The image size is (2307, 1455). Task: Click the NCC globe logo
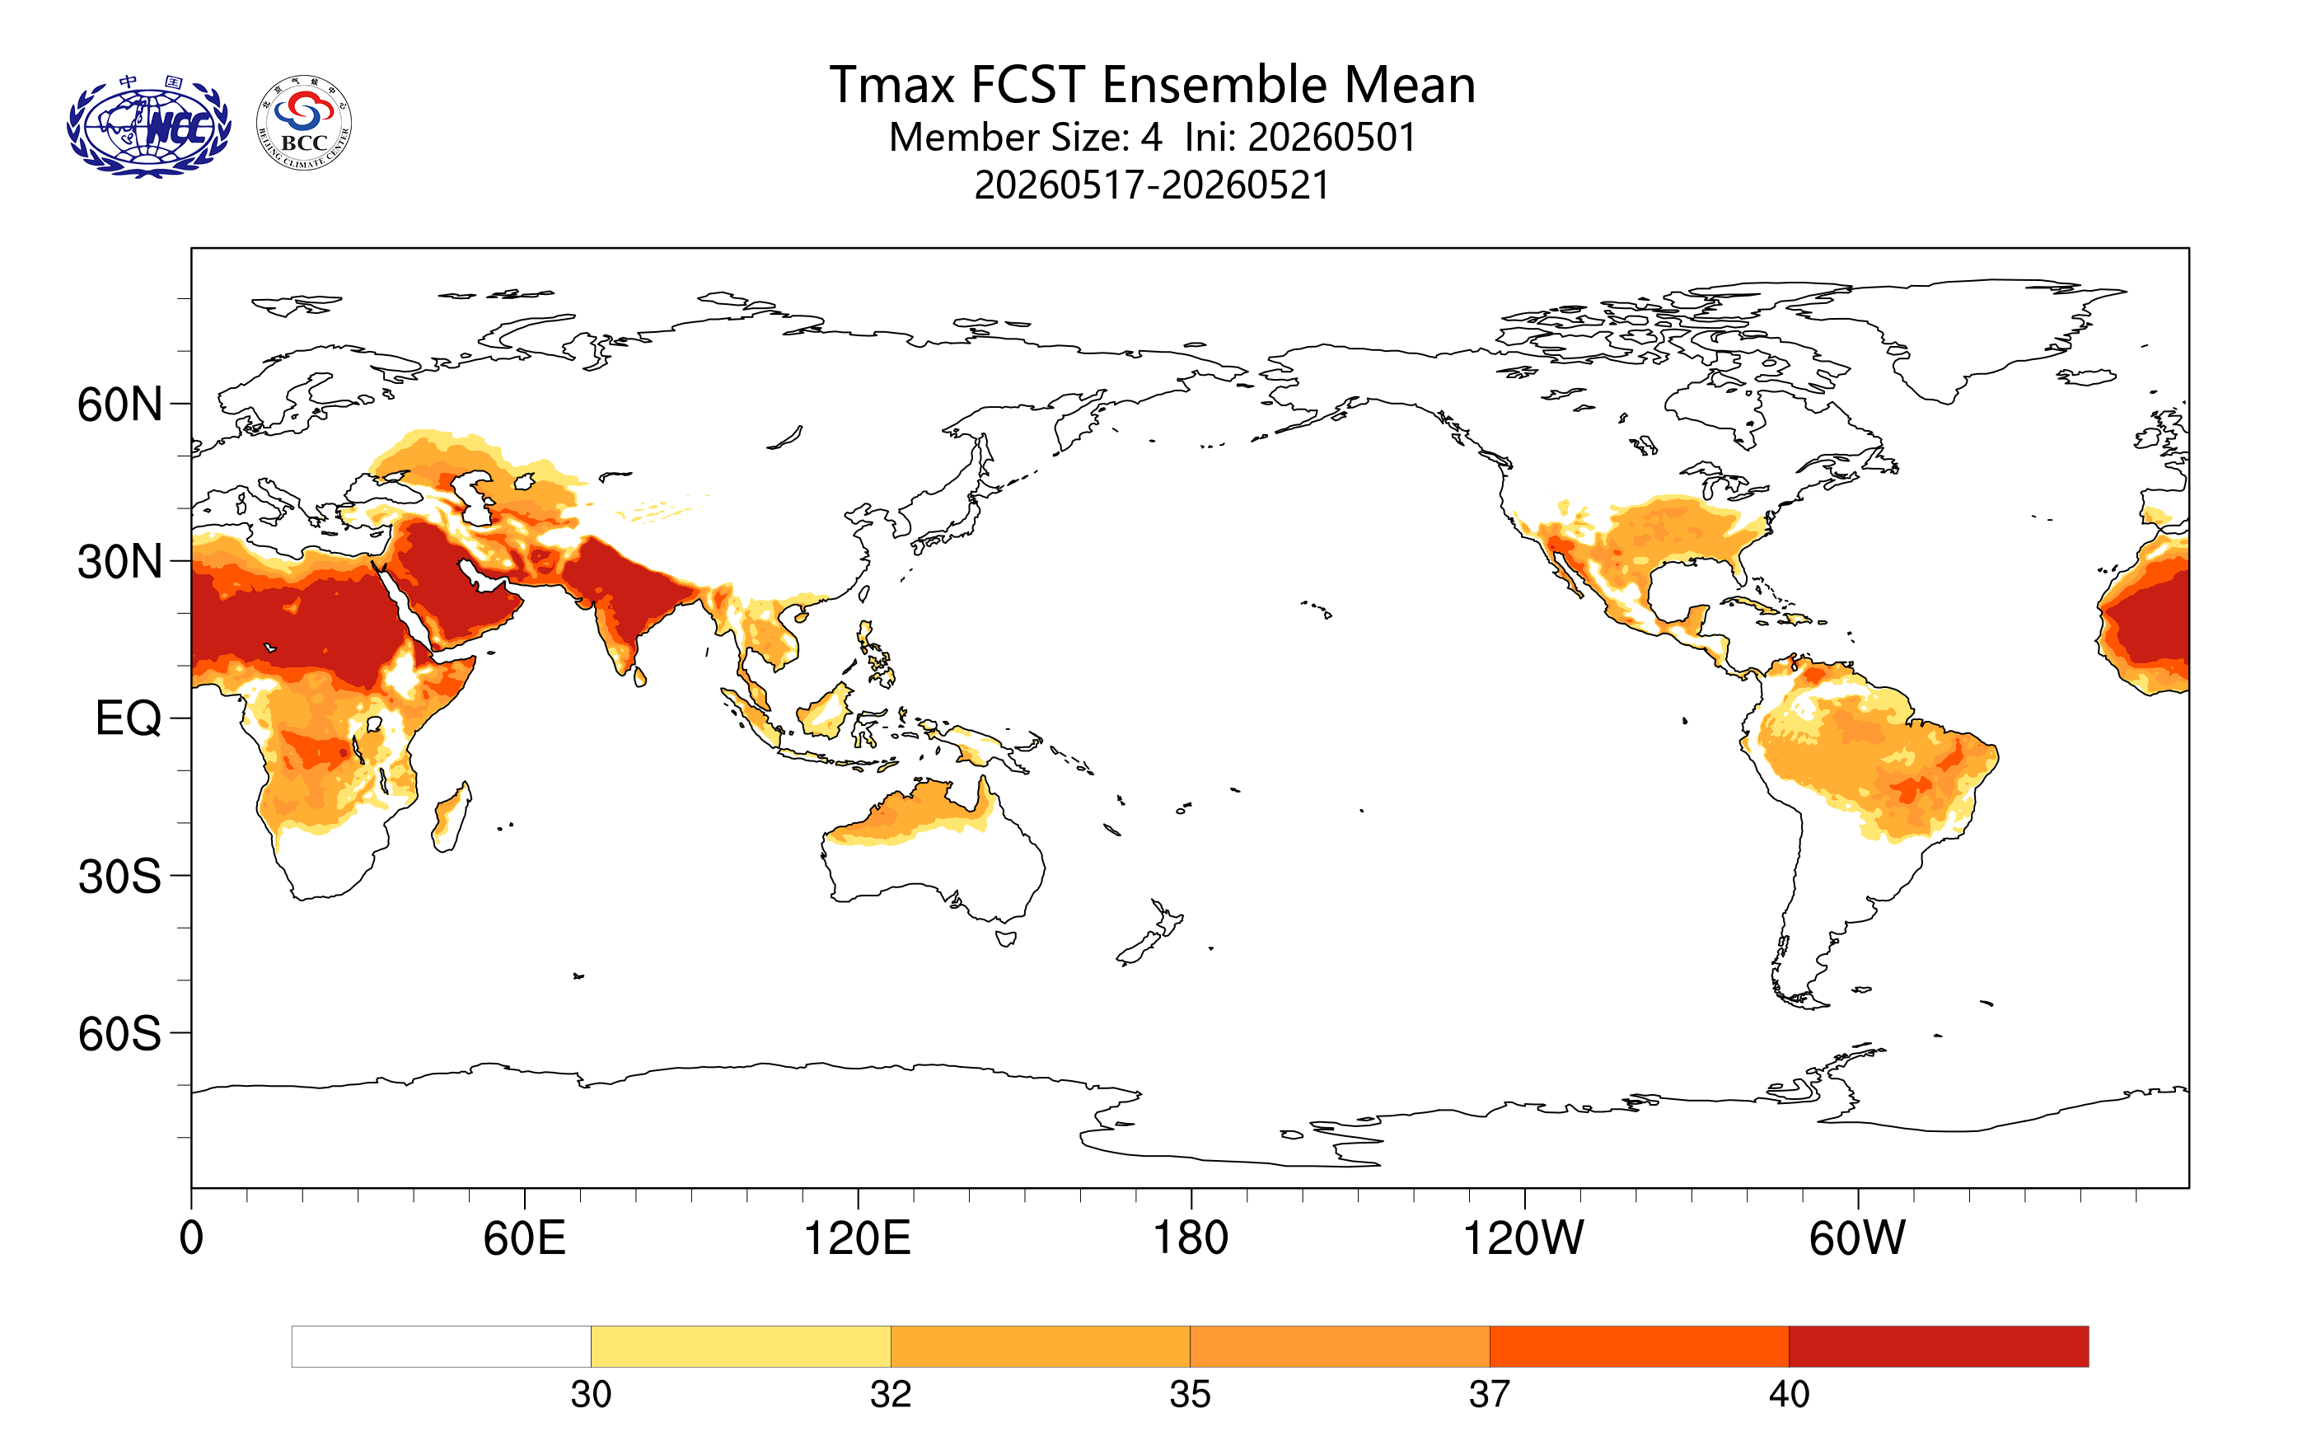click(x=148, y=125)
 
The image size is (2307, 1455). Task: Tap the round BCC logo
click(x=304, y=124)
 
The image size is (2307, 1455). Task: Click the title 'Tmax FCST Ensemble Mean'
click(x=1152, y=85)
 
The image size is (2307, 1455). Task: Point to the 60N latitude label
click(x=119, y=405)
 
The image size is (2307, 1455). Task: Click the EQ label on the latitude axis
click(x=129, y=718)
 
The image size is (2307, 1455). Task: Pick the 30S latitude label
click(x=119, y=877)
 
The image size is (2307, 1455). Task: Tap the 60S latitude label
click(x=119, y=1035)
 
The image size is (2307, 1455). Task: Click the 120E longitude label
click(x=857, y=1238)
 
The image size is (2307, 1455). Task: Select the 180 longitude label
click(x=1190, y=1238)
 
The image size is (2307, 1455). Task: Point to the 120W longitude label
click(x=1523, y=1238)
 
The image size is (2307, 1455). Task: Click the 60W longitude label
click(x=1856, y=1238)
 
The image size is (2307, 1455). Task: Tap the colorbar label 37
click(x=1490, y=1395)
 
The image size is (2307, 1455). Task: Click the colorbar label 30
click(x=591, y=1395)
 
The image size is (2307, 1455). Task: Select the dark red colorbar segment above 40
click(x=1938, y=1347)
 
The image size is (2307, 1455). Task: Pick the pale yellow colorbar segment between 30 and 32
click(x=741, y=1347)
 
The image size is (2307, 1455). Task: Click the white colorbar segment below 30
click(x=442, y=1347)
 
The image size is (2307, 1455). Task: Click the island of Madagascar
click(x=452, y=817)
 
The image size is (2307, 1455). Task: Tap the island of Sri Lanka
click(x=640, y=677)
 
